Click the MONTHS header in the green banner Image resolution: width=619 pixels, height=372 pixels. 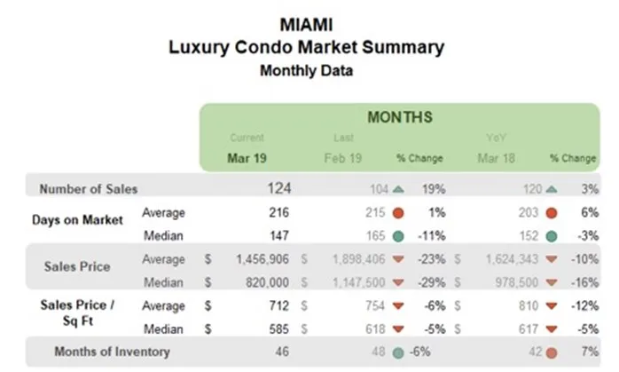click(x=400, y=117)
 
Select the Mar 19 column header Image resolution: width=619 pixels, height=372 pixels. click(x=247, y=157)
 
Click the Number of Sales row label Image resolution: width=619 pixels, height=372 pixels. click(x=88, y=188)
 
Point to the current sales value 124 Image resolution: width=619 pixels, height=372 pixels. click(x=278, y=188)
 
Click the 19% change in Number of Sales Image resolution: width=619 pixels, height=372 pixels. click(x=433, y=188)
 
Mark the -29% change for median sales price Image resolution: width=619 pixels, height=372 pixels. click(x=431, y=282)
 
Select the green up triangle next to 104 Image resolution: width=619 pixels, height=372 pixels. click(x=397, y=188)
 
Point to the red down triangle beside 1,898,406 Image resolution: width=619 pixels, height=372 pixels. click(x=397, y=259)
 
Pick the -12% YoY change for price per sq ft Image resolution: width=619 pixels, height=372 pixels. click(x=584, y=305)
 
